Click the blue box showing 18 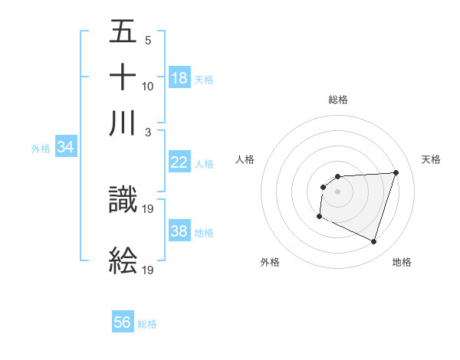(179, 78)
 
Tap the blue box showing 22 (179, 162)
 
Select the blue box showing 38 (179, 231)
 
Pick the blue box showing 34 (65, 147)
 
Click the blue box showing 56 (123, 322)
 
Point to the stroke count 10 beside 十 (148, 86)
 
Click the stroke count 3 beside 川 (147, 132)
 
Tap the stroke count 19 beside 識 (149, 208)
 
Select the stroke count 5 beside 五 (147, 39)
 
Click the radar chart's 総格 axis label (338, 100)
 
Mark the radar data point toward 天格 (396, 172)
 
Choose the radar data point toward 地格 (374, 242)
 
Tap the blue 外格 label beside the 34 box (41, 149)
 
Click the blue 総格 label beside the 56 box (147, 324)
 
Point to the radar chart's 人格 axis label (245, 159)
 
